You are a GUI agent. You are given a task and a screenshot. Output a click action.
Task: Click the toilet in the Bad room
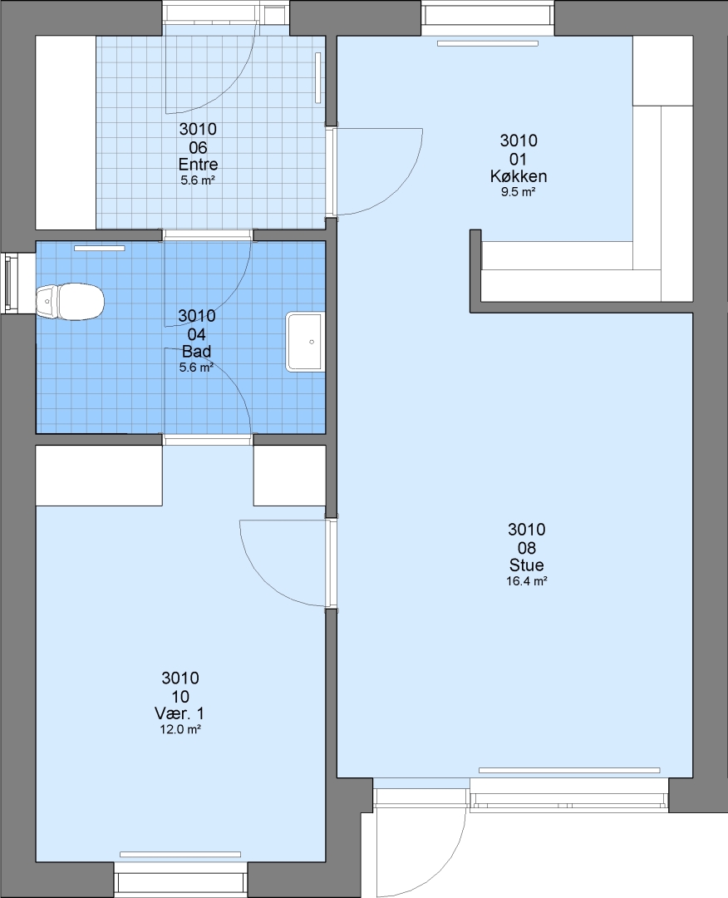point(70,301)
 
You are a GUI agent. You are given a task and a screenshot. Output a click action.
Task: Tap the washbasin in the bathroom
point(305,342)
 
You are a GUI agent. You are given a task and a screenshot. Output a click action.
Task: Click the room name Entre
point(198,165)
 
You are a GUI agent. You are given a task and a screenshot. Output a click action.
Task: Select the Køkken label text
point(519,175)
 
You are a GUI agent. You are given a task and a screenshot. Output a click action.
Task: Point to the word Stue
point(527,565)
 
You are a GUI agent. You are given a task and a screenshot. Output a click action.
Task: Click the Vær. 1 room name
point(180,713)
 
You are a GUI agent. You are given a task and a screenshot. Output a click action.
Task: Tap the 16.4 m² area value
point(527,581)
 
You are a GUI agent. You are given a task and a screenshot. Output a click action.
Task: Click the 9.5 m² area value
point(518,192)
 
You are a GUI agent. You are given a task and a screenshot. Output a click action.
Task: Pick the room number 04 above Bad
point(196,334)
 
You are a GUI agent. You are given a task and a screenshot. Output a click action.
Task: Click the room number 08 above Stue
point(527,547)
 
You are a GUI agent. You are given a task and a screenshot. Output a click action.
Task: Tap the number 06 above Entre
point(198,148)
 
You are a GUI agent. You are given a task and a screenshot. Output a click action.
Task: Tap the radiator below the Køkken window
point(488,43)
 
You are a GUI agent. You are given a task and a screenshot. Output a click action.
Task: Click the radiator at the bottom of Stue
point(569,770)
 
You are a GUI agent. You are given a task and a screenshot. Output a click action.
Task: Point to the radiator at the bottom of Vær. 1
point(180,854)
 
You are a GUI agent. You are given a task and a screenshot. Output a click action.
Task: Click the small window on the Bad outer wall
point(8,283)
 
